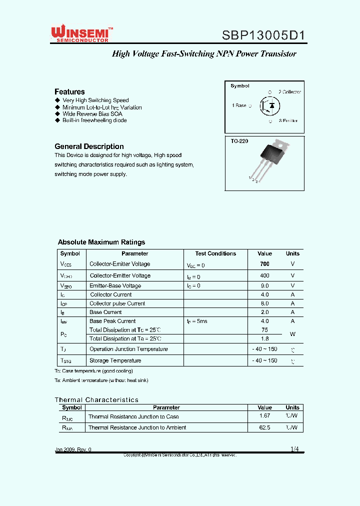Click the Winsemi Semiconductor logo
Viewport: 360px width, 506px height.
click(81, 33)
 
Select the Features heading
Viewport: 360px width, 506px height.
click(69, 91)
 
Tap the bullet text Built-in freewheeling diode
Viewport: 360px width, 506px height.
click(94, 120)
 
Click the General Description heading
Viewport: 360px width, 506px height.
click(89, 146)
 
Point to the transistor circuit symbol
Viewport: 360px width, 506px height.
click(270, 105)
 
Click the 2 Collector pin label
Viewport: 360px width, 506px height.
click(289, 92)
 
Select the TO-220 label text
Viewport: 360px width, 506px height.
click(239, 141)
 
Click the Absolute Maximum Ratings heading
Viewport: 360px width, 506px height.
click(101, 242)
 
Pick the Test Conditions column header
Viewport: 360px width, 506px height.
click(215, 253)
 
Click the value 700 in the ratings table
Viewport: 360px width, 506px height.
click(264, 264)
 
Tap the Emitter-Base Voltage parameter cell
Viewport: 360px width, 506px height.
click(115, 286)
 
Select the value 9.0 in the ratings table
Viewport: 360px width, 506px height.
click(264, 286)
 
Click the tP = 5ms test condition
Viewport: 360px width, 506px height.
click(197, 321)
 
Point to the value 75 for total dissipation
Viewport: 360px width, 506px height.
click(264, 330)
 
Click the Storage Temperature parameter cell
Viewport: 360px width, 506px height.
click(115, 360)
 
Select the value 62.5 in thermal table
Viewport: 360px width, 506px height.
click(264, 427)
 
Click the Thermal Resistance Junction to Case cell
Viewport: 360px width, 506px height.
click(133, 416)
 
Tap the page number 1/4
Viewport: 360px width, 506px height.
click(294, 449)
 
